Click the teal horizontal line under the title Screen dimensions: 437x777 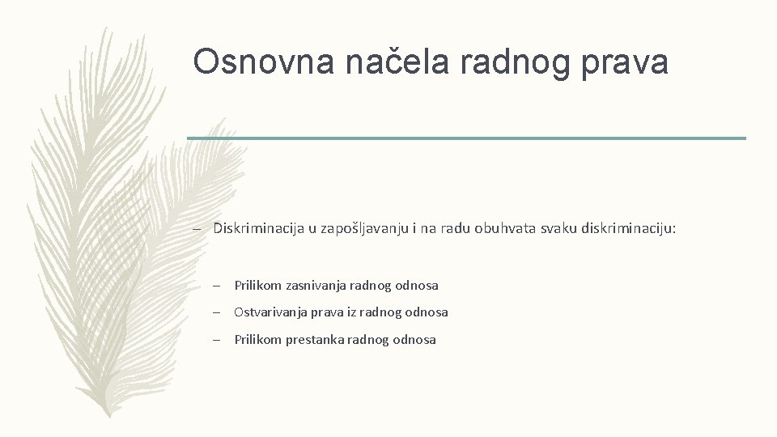point(466,138)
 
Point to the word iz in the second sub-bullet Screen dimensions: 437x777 point(351,312)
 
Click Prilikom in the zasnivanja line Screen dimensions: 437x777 point(258,286)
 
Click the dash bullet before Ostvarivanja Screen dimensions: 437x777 point(219,312)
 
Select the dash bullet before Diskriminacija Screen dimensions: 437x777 point(197,229)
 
